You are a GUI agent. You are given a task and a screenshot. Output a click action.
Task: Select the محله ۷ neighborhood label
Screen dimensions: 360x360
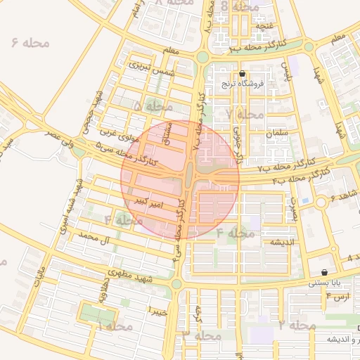(245, 114)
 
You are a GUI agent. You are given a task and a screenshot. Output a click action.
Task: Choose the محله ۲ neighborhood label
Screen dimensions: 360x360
(297, 326)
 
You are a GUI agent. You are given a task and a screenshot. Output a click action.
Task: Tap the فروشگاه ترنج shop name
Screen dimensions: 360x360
(242, 84)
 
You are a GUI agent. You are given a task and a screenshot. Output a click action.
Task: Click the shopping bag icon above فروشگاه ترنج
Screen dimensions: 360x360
(243, 73)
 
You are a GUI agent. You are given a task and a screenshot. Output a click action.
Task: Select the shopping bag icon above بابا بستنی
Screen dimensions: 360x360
(323, 272)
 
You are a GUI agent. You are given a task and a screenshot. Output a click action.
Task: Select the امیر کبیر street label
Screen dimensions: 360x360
(151, 202)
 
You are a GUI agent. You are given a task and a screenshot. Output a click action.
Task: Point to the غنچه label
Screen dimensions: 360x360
(264, 26)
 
